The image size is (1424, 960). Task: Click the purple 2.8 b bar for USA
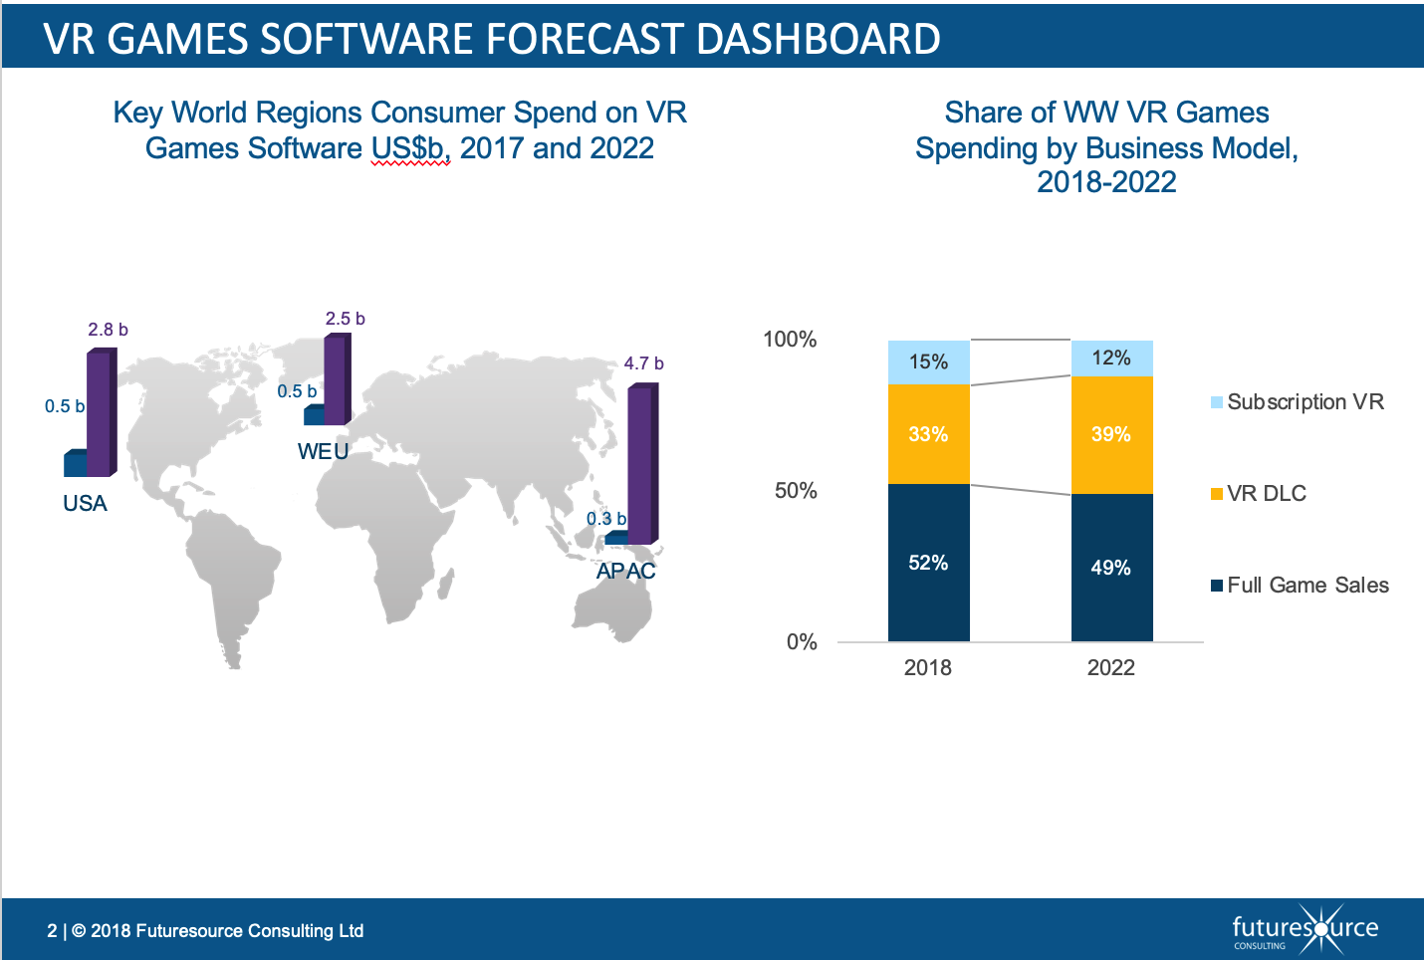(100, 413)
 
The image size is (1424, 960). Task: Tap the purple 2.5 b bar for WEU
(337, 380)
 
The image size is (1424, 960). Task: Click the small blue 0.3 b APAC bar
(615, 538)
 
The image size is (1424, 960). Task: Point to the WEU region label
(323, 451)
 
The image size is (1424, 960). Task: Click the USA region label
(85, 503)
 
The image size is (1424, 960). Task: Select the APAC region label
(625, 571)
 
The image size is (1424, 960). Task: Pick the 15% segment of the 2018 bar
(928, 361)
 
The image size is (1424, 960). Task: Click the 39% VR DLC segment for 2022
(1111, 434)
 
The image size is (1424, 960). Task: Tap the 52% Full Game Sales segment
(928, 563)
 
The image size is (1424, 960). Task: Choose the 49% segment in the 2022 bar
(1111, 568)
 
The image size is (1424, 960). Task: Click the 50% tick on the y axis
(796, 490)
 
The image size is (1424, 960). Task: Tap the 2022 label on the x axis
(1111, 667)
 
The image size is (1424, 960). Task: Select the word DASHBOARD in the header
(818, 39)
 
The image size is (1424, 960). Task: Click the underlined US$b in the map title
(410, 148)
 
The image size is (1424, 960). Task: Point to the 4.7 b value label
(643, 363)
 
